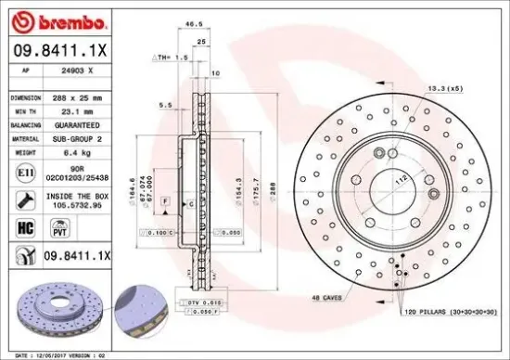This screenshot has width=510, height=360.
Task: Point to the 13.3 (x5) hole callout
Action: [x=444, y=88]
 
